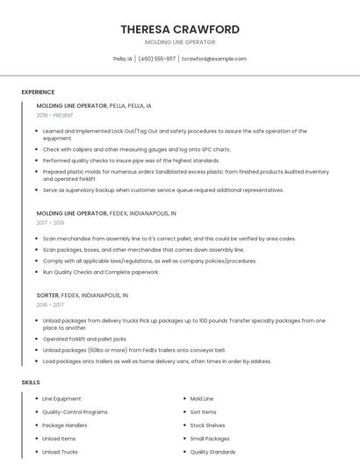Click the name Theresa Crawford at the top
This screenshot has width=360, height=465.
point(179,29)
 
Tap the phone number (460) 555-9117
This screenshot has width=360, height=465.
point(156,59)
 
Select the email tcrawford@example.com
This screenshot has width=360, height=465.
point(214,59)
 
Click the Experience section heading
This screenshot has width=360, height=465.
point(38,92)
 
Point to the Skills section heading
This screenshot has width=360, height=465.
point(31,383)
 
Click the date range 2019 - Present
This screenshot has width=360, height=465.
point(55,115)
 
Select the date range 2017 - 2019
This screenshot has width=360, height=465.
point(49,223)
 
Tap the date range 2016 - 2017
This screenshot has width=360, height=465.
point(49,304)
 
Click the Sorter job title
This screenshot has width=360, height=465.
point(47,296)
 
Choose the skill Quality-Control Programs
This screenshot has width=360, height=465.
point(75,411)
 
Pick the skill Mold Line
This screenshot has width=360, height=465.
point(202,398)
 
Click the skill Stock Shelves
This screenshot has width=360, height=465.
point(206,425)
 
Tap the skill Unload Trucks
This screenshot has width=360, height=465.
point(60,452)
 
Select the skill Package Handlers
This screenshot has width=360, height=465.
point(65,425)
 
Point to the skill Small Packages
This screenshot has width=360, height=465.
point(210,439)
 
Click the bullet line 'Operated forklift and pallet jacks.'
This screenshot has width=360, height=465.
point(84,339)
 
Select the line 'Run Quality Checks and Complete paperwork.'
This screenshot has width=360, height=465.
point(101,272)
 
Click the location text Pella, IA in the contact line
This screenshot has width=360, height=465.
point(123,59)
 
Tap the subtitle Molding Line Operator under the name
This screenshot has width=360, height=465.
point(179,42)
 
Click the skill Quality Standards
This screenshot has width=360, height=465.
point(212,452)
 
